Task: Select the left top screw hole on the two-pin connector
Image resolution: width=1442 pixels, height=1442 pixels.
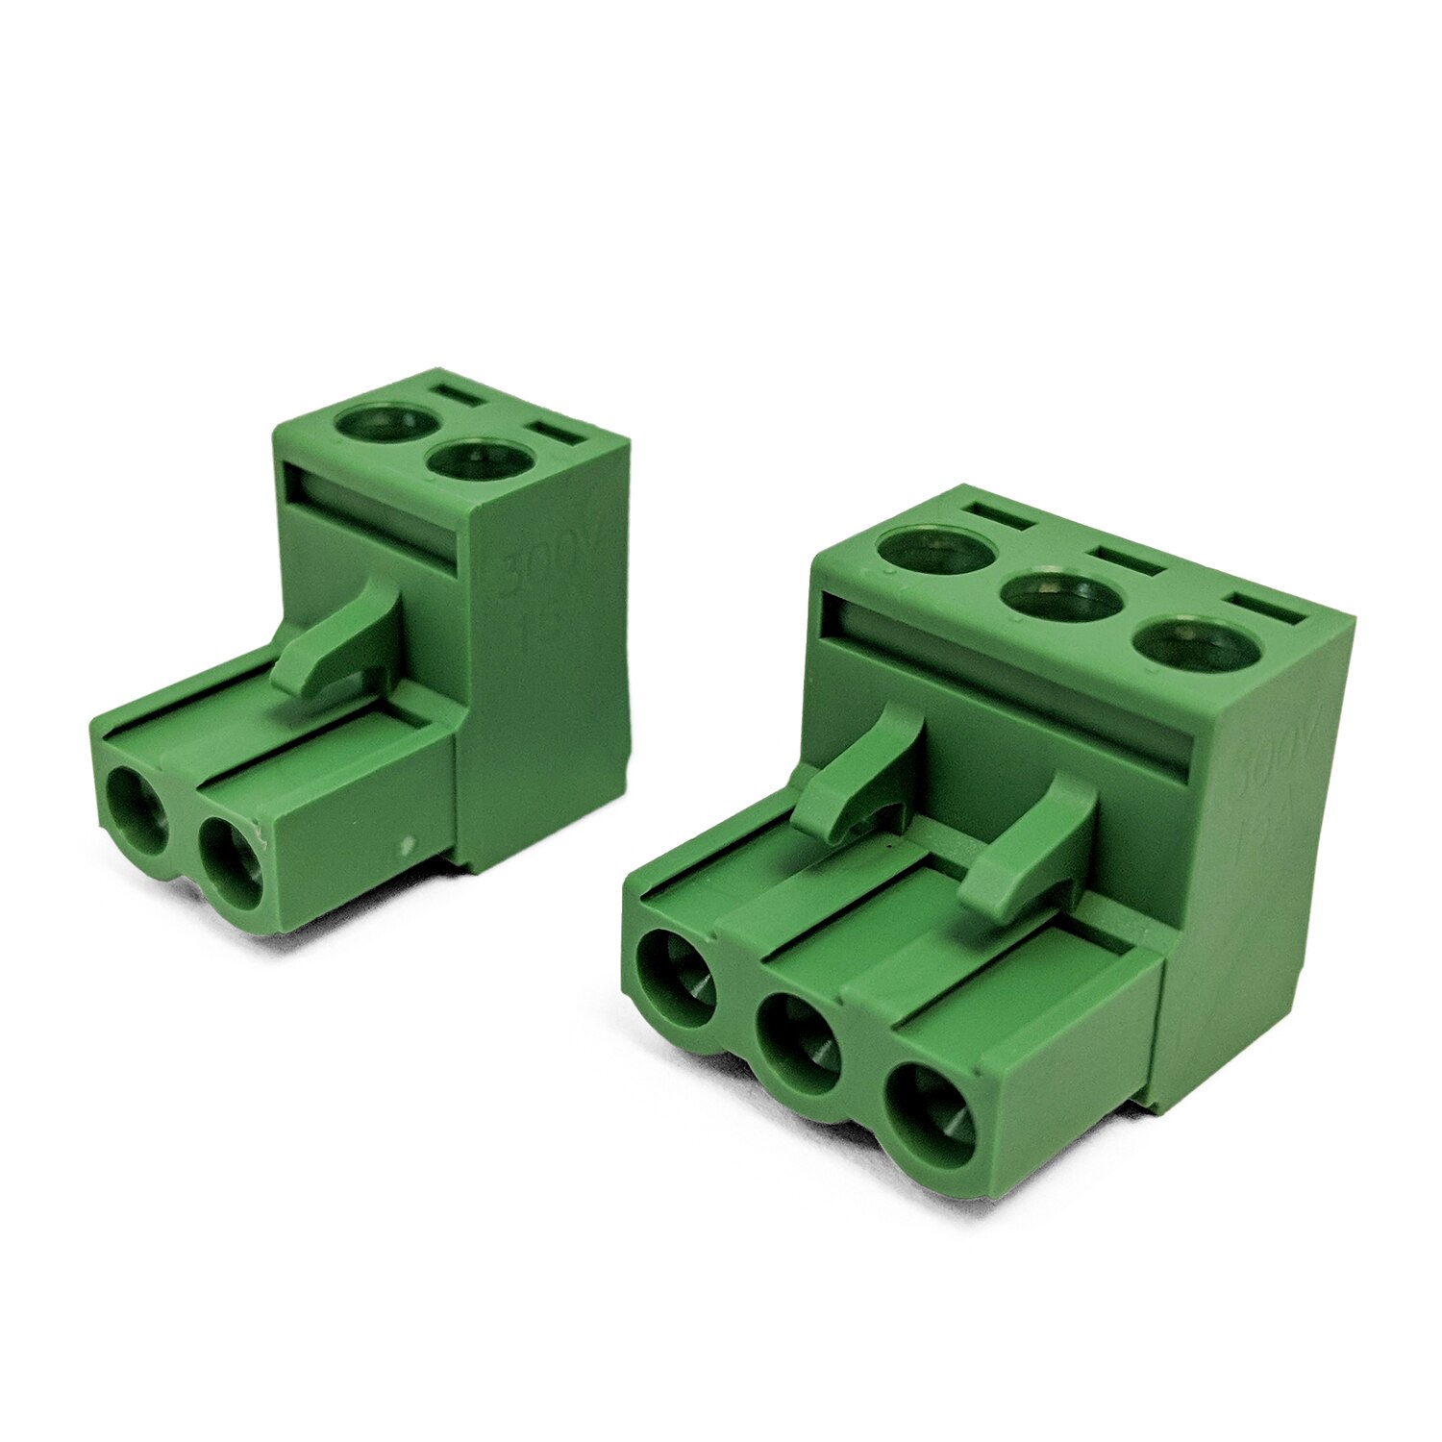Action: (x=384, y=421)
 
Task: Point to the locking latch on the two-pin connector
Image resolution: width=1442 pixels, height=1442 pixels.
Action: (x=336, y=639)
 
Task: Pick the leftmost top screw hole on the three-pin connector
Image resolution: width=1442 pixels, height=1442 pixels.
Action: (x=936, y=551)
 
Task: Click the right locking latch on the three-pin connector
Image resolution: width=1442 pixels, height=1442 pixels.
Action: (x=1033, y=846)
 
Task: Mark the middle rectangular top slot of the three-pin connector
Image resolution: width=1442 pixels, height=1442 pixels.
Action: (x=1128, y=561)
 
